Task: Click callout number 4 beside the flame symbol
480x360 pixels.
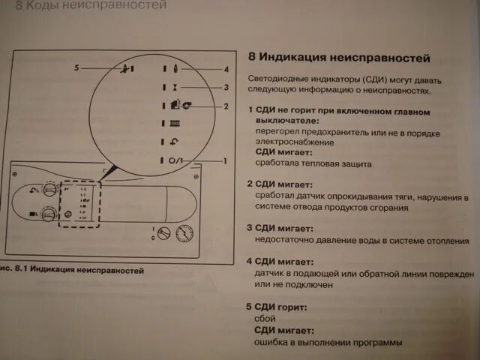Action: tap(225, 70)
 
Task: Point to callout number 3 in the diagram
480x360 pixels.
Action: tap(225, 88)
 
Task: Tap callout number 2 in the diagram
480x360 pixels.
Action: tap(225, 106)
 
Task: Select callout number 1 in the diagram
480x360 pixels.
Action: tap(225, 160)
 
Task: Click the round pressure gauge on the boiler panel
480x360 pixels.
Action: tap(182, 233)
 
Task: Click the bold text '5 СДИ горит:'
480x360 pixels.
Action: tap(280, 307)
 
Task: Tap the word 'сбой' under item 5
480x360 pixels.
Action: tap(265, 318)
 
